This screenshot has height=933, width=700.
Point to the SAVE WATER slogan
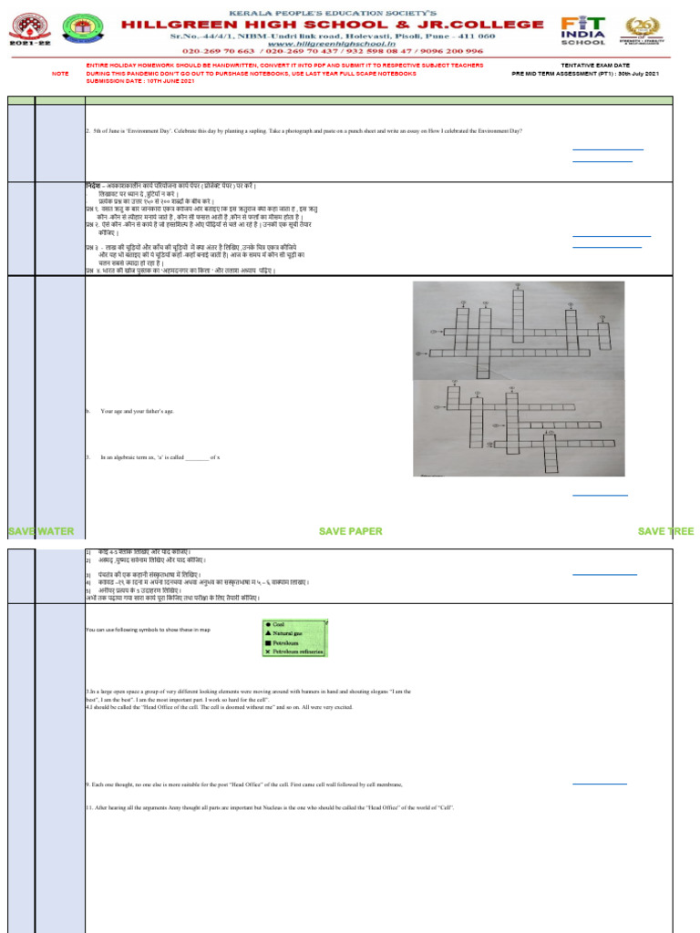[x=41, y=531]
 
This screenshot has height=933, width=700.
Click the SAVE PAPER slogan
[x=350, y=531]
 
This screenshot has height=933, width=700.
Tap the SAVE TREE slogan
[x=665, y=531]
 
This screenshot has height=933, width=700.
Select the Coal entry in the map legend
[x=279, y=625]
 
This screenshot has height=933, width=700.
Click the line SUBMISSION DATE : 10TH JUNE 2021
[x=140, y=81]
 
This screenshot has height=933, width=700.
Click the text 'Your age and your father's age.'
[x=137, y=412]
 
